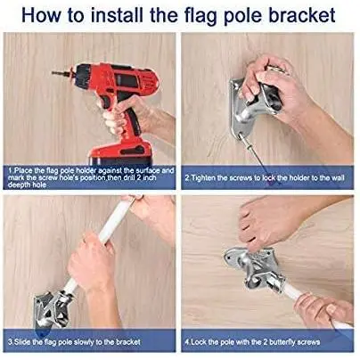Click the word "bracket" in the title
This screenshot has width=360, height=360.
pyautogui.click(x=302, y=15)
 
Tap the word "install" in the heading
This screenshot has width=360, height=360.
pyautogui.click(x=117, y=15)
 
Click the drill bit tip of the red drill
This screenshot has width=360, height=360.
pyautogui.click(x=53, y=72)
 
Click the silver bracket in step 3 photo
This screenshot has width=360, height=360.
pyautogui.click(x=51, y=309)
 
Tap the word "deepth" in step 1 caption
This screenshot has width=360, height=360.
pyautogui.click(x=19, y=184)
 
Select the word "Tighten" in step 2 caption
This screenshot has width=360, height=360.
pyautogui.click(x=203, y=178)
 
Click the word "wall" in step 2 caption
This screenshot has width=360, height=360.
pyautogui.click(x=338, y=178)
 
